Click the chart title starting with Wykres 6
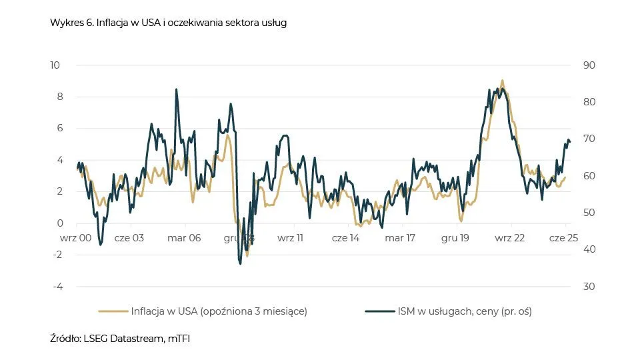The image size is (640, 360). [168, 23]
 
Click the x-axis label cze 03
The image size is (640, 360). [129, 237]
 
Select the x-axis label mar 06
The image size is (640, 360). [184, 237]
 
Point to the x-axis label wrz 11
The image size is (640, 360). [290, 237]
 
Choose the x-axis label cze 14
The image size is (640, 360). [345, 237]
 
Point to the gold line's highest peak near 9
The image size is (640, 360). [502, 81]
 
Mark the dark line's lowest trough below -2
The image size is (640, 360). [240, 264]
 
